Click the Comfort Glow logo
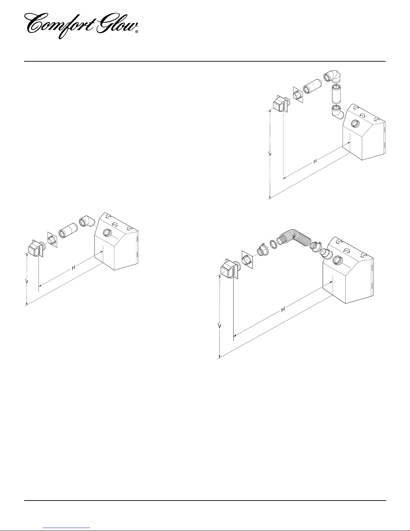82,26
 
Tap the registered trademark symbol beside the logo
137,32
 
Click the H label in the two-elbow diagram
315,161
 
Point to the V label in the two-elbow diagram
270,154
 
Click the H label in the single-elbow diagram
73,268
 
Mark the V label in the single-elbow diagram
27,282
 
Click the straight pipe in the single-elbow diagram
68,230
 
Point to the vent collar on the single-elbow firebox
107,233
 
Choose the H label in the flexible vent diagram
283,310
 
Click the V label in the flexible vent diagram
220,326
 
